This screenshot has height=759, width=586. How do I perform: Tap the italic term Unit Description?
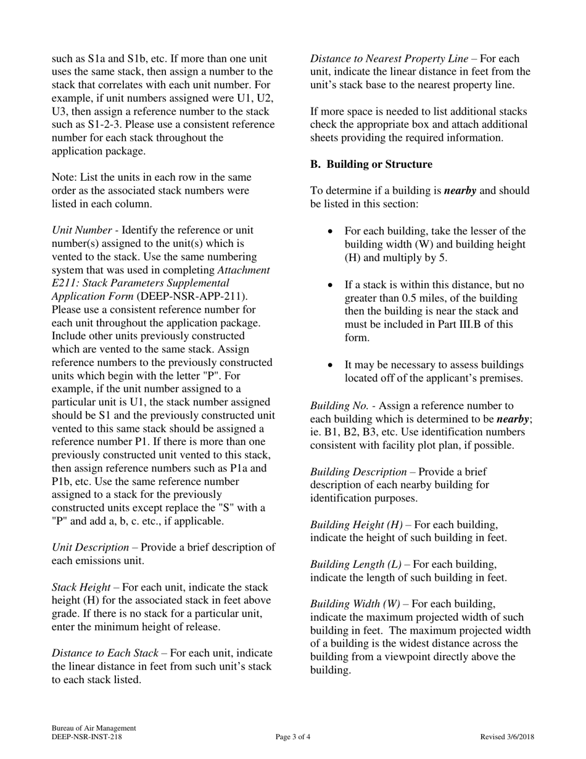click(90, 547)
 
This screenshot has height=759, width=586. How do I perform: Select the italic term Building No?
click(339, 405)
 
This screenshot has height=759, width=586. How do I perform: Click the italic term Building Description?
click(358, 471)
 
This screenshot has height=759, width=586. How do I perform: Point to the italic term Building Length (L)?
click(355, 564)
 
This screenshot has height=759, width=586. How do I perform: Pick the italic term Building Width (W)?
click(355, 603)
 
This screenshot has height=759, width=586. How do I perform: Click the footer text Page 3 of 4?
click(293, 737)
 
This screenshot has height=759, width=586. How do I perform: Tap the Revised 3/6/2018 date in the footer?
click(507, 737)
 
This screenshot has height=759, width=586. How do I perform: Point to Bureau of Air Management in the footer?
click(94, 728)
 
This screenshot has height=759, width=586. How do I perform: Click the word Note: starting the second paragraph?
click(64, 177)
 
